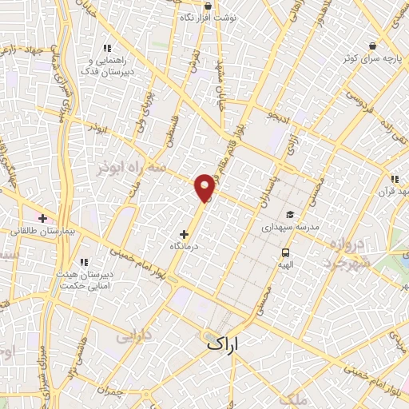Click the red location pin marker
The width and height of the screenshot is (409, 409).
(x=205, y=187)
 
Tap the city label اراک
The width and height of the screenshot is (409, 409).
(x=223, y=344)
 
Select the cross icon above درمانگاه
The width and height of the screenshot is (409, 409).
(x=185, y=235)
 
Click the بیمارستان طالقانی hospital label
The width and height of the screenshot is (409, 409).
(x=42, y=231)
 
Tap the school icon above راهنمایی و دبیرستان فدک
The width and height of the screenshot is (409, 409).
(x=107, y=48)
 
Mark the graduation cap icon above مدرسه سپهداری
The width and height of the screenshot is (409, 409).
(x=289, y=214)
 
